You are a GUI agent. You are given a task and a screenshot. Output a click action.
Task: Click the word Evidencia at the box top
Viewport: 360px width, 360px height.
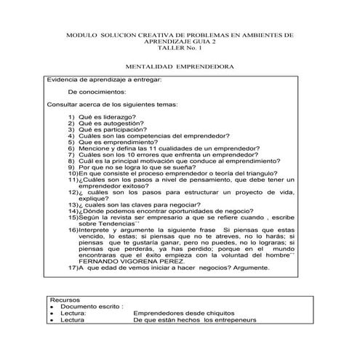(61, 79)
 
